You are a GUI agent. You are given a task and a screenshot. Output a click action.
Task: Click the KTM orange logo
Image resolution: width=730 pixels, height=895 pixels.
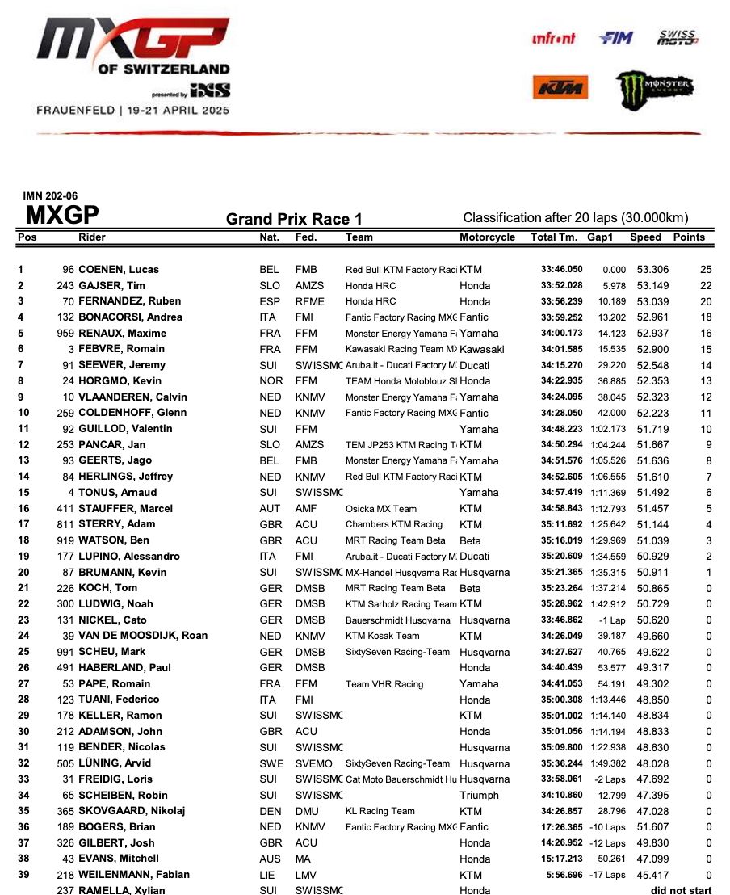click(560, 88)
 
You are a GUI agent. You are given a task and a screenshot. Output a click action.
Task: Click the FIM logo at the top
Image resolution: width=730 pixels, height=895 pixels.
click(616, 38)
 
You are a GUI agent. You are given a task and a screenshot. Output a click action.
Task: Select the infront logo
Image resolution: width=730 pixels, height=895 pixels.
click(554, 38)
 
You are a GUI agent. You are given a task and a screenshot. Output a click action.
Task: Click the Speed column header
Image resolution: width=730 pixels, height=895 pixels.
click(645, 237)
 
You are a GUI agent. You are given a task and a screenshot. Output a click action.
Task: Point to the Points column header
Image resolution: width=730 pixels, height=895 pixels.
click(689, 237)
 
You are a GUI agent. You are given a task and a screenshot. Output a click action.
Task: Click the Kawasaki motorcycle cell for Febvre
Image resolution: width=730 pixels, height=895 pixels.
click(482, 349)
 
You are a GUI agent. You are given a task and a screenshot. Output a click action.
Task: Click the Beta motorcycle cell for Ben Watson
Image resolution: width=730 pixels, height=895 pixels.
click(470, 540)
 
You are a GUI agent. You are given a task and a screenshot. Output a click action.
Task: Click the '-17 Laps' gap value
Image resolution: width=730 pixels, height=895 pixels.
click(606, 875)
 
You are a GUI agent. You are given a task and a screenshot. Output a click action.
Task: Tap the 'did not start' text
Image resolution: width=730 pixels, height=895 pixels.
click(682, 890)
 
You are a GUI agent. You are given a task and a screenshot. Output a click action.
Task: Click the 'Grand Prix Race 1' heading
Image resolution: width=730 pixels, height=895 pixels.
click(294, 219)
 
